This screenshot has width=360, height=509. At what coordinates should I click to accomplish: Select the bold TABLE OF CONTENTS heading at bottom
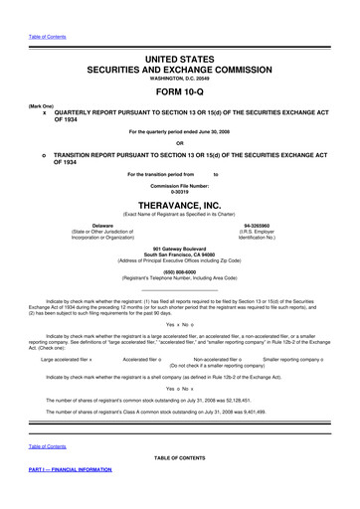click(179, 457)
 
